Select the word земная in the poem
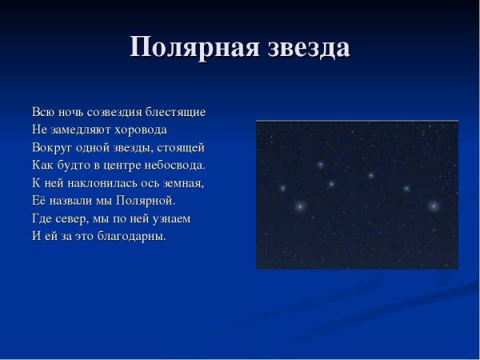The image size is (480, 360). click(184, 182)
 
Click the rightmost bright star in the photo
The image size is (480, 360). click(434, 206)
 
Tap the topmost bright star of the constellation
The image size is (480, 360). click(320, 165)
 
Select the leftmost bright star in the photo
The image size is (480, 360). click(282, 188)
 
